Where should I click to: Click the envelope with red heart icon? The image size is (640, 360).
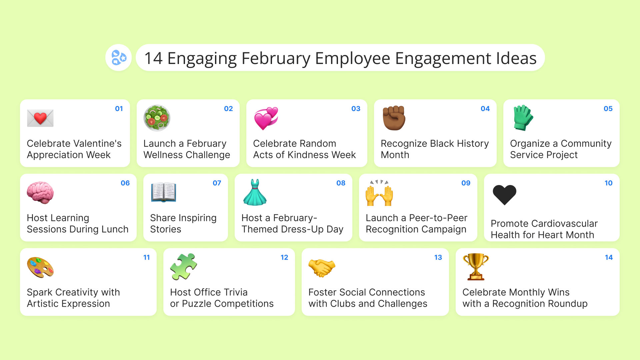[40, 118]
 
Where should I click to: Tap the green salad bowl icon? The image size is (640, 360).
[157, 118]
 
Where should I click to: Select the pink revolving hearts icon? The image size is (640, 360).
[266, 118]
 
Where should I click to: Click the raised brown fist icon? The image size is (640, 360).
[394, 118]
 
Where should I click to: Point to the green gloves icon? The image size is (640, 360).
[523, 118]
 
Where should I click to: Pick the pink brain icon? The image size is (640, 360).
[40, 193]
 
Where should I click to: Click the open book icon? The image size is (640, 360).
[163, 192]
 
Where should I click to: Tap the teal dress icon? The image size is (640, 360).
[255, 192]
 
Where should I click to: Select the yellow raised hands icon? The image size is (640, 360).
[379, 193]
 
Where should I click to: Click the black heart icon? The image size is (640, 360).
[504, 195]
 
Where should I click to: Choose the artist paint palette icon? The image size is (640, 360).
[40, 267]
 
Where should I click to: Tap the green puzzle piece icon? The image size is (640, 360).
[184, 267]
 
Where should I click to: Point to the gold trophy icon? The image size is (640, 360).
[476, 267]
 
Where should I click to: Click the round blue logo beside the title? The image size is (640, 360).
[119, 58]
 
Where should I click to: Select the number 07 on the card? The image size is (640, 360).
[217, 183]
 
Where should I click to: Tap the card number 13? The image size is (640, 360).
[438, 257]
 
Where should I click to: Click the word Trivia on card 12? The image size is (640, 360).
[231, 292]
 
